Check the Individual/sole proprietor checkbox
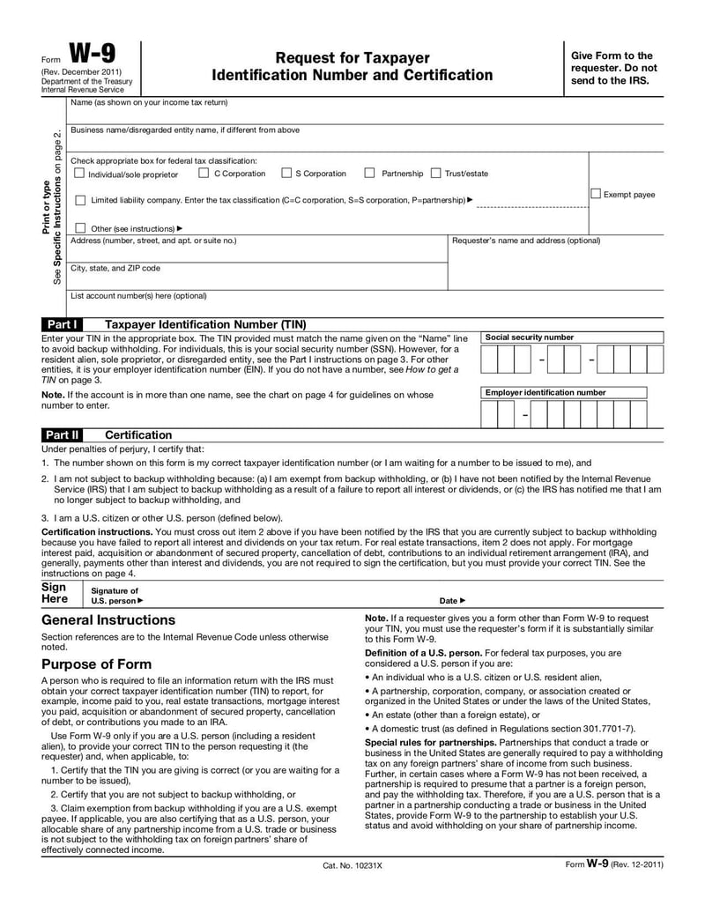(79, 174)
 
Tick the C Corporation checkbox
(204, 174)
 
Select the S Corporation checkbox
(286, 174)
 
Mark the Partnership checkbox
(370, 174)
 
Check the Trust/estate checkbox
(435, 174)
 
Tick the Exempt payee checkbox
(596, 194)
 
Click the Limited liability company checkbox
(80, 201)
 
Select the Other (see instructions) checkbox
(80, 228)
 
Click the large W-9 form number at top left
(93, 55)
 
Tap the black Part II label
(63, 435)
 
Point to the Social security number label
(529, 337)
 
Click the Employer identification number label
(545, 392)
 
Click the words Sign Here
(55, 593)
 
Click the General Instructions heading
(108, 620)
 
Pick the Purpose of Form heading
(96, 664)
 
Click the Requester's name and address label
(525, 241)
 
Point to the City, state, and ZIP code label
(115, 268)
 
